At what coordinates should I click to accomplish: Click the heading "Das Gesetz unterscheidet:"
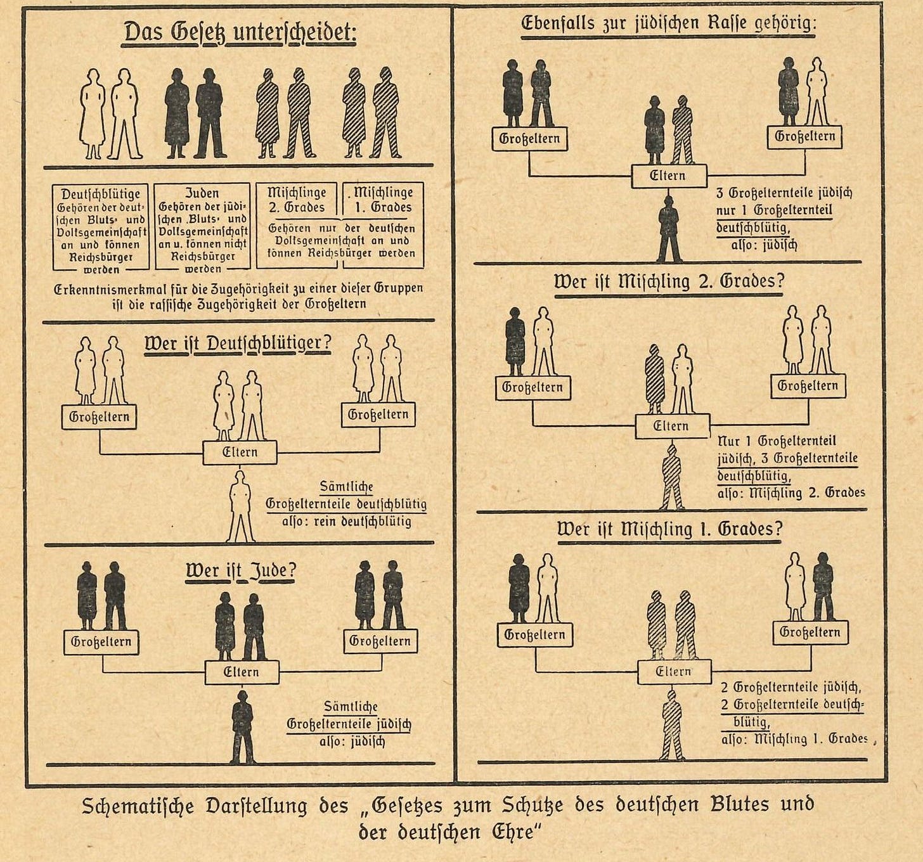(x=240, y=32)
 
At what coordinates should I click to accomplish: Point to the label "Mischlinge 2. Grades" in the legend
(x=297, y=200)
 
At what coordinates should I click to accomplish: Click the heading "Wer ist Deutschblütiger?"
(x=238, y=344)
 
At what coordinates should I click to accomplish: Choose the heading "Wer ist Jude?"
(x=241, y=571)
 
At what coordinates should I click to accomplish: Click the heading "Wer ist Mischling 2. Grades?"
(x=669, y=281)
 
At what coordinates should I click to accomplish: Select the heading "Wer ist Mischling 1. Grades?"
(x=669, y=529)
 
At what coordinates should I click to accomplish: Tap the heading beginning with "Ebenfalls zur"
(x=669, y=25)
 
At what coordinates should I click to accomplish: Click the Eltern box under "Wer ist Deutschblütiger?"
(x=240, y=453)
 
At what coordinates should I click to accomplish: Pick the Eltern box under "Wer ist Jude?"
(x=242, y=672)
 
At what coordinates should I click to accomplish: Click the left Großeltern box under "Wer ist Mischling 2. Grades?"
(x=532, y=387)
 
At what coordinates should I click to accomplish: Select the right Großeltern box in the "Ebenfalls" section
(x=805, y=137)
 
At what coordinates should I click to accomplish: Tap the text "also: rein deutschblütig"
(x=347, y=522)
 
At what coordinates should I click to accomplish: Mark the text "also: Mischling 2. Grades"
(x=791, y=493)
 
